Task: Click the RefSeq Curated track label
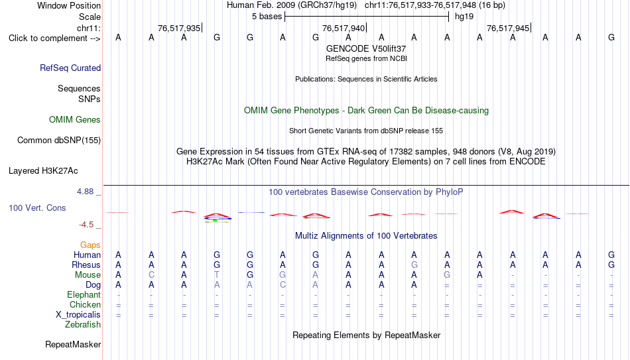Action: pos(70,68)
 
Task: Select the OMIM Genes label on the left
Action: pos(75,120)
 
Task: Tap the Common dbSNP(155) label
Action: pos(59,141)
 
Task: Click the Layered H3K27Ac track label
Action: pos(43,171)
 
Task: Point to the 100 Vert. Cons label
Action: pos(37,208)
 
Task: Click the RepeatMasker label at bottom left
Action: pos(73,344)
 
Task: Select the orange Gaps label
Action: pos(90,245)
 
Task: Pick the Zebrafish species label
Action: pos(83,324)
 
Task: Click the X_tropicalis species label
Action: pos(78,315)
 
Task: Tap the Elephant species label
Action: pos(84,294)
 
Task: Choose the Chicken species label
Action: pos(85,304)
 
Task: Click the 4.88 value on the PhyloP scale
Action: pos(85,191)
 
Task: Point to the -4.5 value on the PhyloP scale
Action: pos(86,225)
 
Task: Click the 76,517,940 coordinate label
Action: pos(344,28)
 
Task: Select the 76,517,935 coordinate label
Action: pos(179,28)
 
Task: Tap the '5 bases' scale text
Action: pos(267,17)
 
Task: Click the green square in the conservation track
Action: pos(215,220)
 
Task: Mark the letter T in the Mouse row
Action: pos(217,275)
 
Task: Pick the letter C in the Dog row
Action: pos(283,285)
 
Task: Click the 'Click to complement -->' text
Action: pos(54,38)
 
